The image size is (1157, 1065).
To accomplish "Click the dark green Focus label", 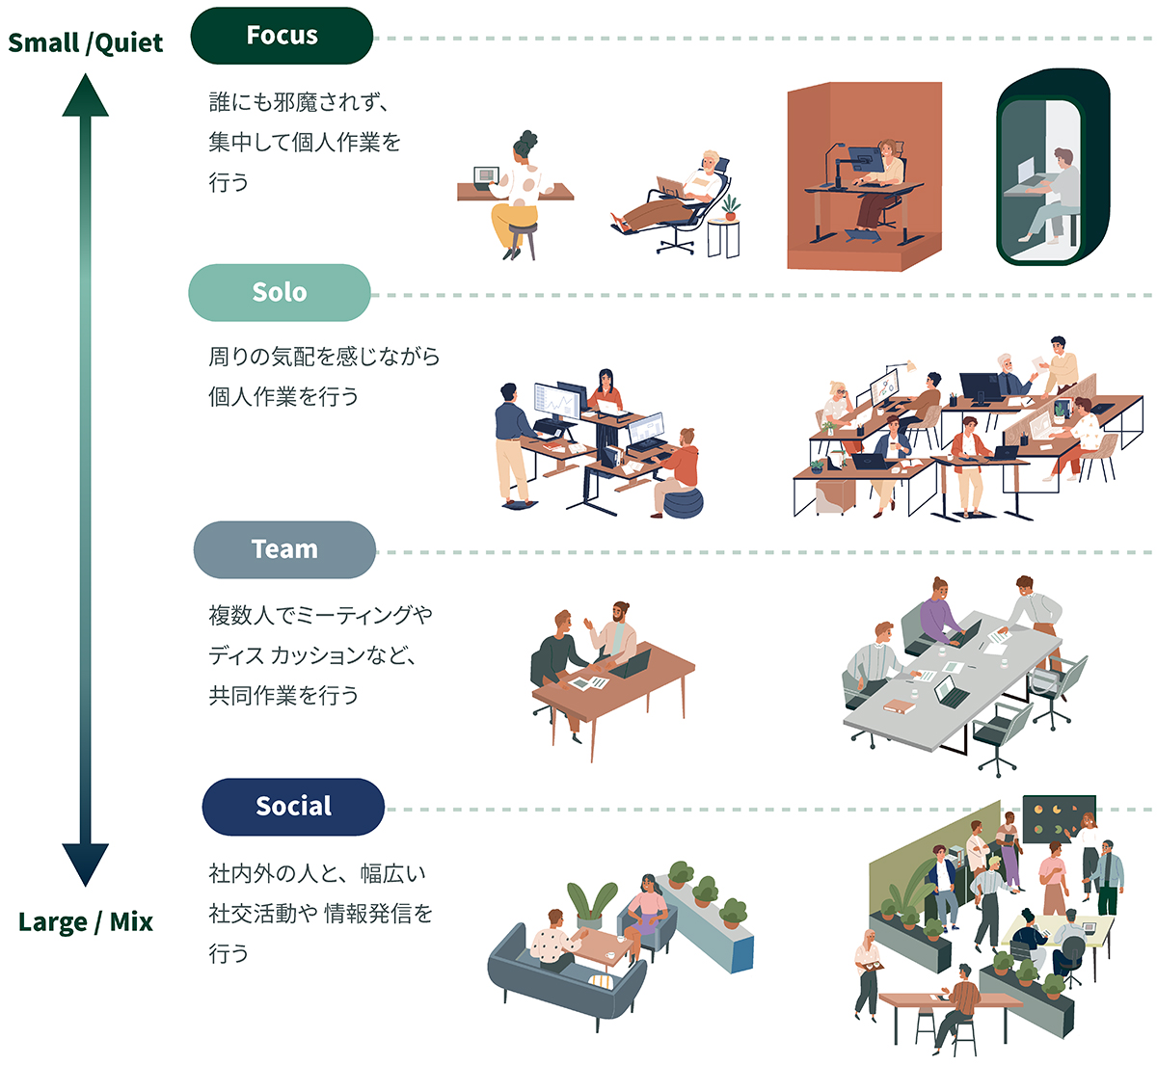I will [x=282, y=36].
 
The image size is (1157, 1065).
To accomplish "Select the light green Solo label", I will [x=280, y=293].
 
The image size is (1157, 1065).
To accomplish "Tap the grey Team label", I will [x=284, y=549].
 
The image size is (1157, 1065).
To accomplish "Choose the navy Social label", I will [x=293, y=807].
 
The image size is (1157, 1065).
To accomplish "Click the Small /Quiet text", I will [x=85, y=43].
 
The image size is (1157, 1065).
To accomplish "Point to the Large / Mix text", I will [x=86, y=922].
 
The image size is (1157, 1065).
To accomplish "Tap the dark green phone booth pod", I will [x=1053, y=168].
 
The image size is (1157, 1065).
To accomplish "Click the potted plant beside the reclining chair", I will [x=730, y=207].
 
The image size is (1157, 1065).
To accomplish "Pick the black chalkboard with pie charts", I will [x=1059, y=818].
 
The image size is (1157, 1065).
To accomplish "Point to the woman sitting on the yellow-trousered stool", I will [x=519, y=193].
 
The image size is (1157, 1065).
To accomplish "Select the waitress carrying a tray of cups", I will [x=867, y=969].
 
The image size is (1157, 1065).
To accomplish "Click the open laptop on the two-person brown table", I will [x=633, y=664].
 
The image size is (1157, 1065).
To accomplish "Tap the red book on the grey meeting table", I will [x=898, y=707].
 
